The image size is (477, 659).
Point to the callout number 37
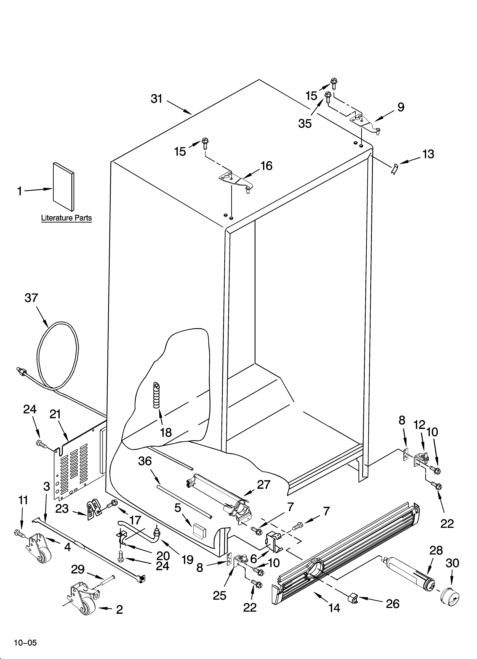(31, 298)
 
